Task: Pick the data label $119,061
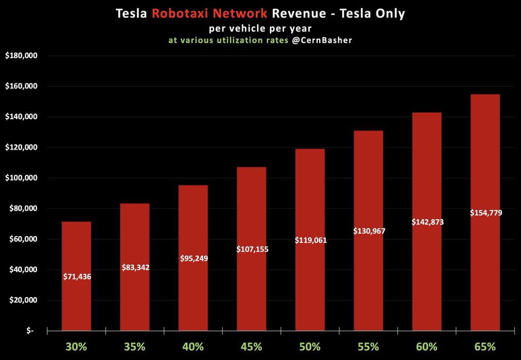(310, 240)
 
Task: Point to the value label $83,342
(135, 267)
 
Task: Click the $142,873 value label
(427, 222)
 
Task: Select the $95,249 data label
(194, 258)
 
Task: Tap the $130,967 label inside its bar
(369, 231)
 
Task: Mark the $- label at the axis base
(30, 331)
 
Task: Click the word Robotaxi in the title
(177, 14)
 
